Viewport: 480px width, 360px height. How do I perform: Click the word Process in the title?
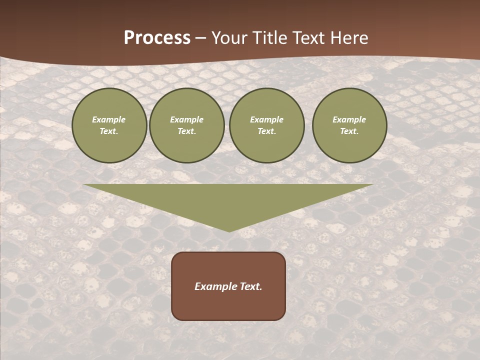coord(157,38)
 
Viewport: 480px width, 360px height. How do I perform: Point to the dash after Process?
coord(201,38)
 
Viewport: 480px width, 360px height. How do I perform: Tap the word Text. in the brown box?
coord(249,286)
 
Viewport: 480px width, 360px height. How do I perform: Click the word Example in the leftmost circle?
coord(109,119)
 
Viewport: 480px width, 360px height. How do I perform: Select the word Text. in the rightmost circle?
coord(349,131)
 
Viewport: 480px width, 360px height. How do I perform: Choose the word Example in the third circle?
coord(267,119)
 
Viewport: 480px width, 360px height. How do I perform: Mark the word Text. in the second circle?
coord(187,131)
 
